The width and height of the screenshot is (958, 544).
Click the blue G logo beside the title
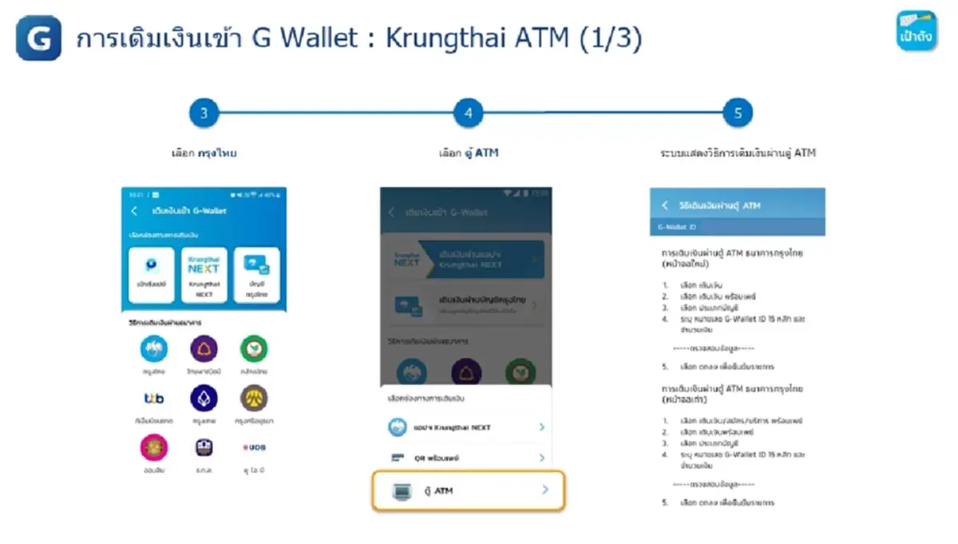[38, 38]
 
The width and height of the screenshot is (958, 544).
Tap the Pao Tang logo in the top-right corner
[916, 31]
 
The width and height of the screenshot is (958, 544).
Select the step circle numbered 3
[204, 113]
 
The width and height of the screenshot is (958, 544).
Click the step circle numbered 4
[468, 113]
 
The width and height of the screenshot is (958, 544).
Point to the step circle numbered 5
[738, 113]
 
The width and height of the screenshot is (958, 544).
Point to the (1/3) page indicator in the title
[611, 39]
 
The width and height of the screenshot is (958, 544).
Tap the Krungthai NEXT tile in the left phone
[204, 275]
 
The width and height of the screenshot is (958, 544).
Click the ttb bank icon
[154, 398]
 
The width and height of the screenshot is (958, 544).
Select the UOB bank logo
[254, 448]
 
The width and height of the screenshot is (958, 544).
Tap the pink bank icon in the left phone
[154, 447]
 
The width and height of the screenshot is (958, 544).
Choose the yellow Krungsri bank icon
[254, 398]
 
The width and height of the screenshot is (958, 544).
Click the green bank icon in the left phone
[254, 349]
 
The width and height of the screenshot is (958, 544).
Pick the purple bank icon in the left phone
[204, 349]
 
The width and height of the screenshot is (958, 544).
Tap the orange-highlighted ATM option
[468, 490]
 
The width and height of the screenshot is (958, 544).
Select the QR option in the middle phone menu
[468, 459]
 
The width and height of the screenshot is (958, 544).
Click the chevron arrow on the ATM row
[545, 490]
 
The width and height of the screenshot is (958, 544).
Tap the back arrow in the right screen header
[664, 205]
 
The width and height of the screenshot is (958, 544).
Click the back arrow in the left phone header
[134, 211]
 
